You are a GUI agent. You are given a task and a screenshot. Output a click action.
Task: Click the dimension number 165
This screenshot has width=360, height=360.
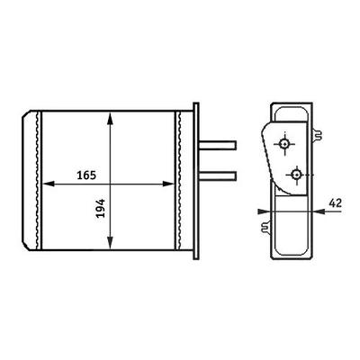click(86, 175)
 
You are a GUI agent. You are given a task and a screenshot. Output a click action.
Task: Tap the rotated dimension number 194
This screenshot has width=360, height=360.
click(102, 208)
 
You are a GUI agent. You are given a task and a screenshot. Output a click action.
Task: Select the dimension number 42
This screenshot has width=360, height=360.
click(336, 203)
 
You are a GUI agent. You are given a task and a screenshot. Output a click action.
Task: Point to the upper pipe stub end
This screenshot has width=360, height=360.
click(235, 146)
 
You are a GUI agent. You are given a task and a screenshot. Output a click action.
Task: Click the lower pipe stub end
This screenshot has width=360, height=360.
click(235, 176)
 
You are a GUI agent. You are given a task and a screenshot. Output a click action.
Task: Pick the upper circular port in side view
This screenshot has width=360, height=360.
click(284, 144)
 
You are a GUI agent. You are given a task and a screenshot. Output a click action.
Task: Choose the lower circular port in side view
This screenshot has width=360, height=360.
click(297, 175)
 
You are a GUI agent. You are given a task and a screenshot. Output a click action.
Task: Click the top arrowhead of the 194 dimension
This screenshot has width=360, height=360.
click(110, 119)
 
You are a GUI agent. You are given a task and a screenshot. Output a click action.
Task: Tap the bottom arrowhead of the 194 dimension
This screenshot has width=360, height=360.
click(110, 242)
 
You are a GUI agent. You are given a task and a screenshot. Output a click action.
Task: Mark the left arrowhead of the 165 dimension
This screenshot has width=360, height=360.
click(49, 184)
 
